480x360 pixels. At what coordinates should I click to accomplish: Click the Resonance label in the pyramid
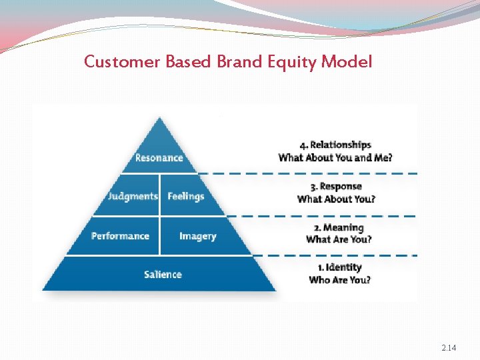click(x=159, y=158)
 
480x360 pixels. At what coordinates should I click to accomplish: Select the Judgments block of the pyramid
click(x=133, y=196)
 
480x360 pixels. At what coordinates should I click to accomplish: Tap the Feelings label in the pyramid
click(x=185, y=196)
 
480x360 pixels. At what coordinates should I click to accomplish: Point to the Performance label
click(x=120, y=236)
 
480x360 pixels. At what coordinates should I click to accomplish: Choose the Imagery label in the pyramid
click(x=197, y=236)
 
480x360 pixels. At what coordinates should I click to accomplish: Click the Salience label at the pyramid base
click(x=163, y=274)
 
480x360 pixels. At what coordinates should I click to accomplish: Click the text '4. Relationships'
click(x=335, y=145)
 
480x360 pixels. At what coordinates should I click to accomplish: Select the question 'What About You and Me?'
click(x=335, y=158)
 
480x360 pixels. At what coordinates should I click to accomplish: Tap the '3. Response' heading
click(x=336, y=186)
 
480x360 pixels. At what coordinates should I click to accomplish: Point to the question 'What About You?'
click(x=336, y=199)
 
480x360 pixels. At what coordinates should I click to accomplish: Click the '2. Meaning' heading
click(x=339, y=227)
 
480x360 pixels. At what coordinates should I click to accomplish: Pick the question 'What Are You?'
click(x=339, y=240)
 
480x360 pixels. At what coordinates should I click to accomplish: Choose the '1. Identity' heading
click(x=339, y=267)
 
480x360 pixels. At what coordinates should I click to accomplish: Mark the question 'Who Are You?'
click(x=339, y=280)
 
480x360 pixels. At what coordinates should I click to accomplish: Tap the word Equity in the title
click(x=292, y=63)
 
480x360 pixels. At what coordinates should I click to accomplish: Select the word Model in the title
click(x=347, y=62)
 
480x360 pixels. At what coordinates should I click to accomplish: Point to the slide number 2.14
click(x=449, y=348)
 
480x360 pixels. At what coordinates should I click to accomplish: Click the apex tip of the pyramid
click(x=159, y=119)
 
